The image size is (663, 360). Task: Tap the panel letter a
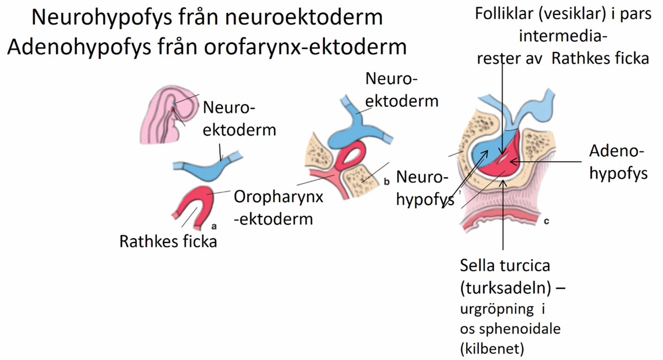click(x=214, y=225)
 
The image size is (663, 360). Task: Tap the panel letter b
click(x=386, y=180)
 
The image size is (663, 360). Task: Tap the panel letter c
click(x=546, y=222)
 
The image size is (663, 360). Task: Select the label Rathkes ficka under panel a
click(x=168, y=241)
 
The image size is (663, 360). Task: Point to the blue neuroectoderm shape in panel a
click(x=201, y=170)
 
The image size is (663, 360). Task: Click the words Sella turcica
click(x=505, y=266)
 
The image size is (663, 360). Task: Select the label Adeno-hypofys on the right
click(x=618, y=162)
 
